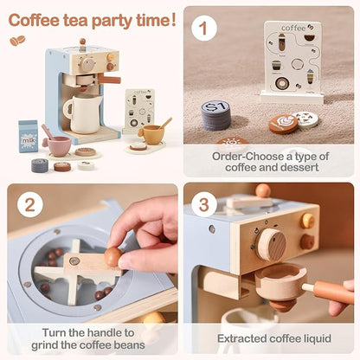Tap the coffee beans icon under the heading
[x=17, y=40]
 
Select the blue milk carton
[x=28, y=136]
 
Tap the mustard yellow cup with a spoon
[x=153, y=132]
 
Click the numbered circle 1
[x=202, y=28]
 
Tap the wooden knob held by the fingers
[x=113, y=256]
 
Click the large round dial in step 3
[x=272, y=244]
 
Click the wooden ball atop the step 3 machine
[x=263, y=190]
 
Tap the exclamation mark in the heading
[x=173, y=18]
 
